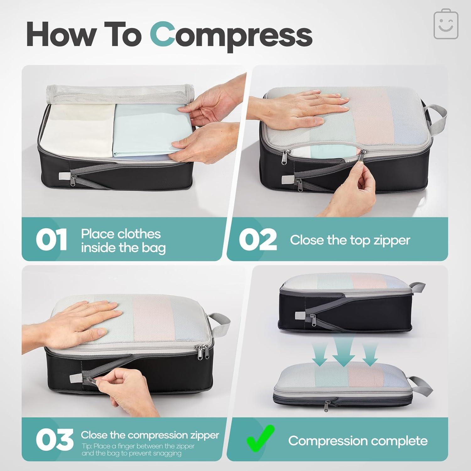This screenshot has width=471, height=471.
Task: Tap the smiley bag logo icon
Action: [x=446, y=25]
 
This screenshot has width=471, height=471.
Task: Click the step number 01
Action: [x=51, y=240]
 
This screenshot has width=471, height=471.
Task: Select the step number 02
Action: [x=257, y=240]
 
